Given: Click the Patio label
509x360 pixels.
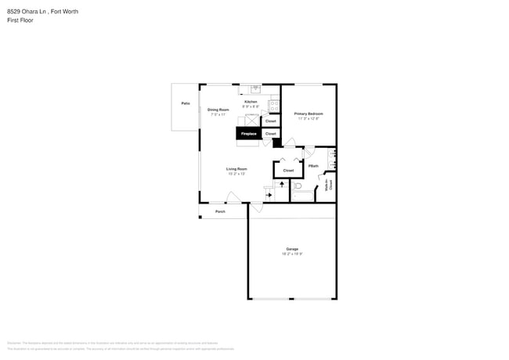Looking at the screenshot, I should tap(186, 103).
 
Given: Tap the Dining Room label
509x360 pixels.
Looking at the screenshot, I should tap(218, 110).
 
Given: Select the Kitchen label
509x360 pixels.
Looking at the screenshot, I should tap(251, 102).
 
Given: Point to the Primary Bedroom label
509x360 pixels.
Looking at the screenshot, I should tap(309, 114).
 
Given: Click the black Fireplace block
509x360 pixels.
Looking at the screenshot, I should tap(248, 134).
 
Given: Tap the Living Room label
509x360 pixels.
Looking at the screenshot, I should tap(237, 169).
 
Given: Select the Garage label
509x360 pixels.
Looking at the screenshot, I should tap(292, 250).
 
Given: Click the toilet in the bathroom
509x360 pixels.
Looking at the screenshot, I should tap(298, 186).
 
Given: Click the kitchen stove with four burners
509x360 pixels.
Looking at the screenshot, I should tap(274, 104).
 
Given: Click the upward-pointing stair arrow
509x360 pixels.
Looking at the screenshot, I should tap(282, 184).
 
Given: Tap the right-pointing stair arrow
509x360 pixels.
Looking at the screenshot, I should tap(269, 195).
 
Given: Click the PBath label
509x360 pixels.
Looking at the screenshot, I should tap(312, 166).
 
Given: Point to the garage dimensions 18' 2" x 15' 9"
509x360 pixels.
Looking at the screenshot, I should tap(292, 254).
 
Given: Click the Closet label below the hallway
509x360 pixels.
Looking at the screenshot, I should tap(288, 170).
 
